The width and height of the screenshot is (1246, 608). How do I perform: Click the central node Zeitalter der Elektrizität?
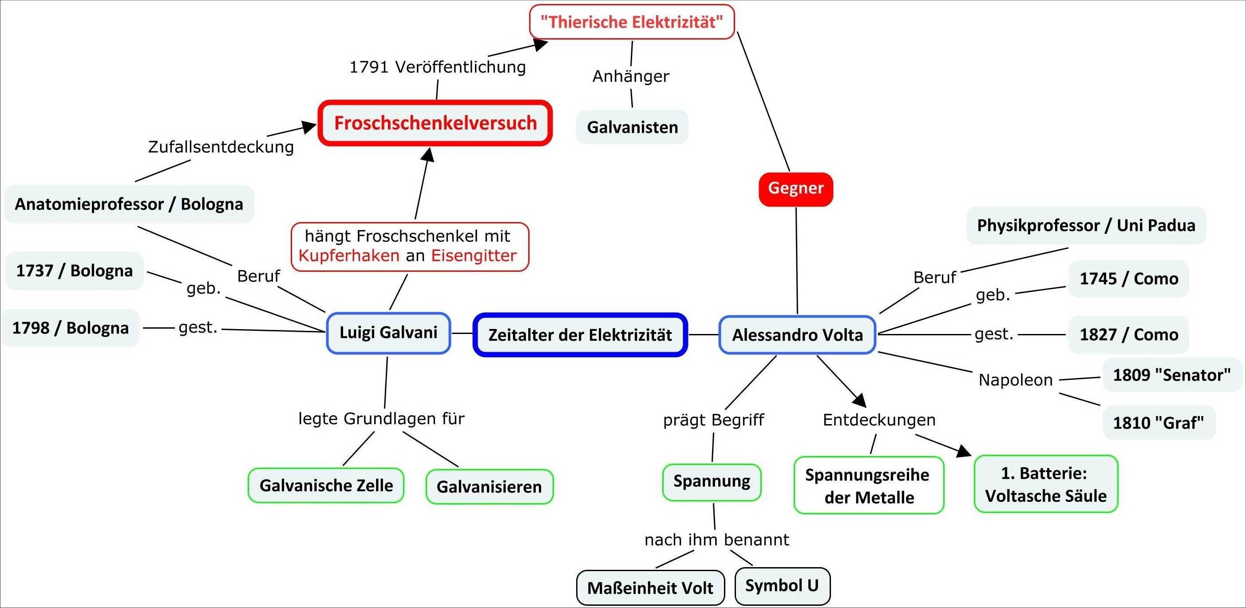[580, 335]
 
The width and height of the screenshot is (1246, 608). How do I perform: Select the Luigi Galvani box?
[388, 333]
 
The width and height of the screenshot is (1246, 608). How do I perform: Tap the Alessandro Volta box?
[797, 335]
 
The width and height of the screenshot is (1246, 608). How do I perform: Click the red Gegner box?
[796, 189]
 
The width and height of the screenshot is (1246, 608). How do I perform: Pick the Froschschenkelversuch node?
[435, 123]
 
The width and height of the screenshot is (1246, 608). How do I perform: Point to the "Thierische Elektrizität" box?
[632, 22]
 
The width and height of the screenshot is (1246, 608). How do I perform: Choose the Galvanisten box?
[632, 127]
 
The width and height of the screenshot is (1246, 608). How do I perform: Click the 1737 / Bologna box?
[75, 270]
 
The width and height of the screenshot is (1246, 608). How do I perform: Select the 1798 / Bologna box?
[71, 328]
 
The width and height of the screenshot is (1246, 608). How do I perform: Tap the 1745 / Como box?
[1128, 279]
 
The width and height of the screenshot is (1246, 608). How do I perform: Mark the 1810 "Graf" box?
[1159, 423]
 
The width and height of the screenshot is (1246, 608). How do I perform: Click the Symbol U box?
[782, 586]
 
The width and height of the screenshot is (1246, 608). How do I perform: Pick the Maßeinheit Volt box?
[650, 588]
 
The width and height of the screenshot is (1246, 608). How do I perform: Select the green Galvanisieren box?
[490, 486]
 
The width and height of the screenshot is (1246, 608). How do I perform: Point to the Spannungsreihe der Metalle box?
[869, 485]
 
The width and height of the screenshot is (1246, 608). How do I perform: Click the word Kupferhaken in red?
[349, 256]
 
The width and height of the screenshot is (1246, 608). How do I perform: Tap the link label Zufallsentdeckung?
[221, 147]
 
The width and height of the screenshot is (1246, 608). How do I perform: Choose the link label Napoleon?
[1016, 380]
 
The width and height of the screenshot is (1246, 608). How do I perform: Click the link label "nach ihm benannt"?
[717, 540]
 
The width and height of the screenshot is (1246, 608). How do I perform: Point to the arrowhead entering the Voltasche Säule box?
[965, 452]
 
